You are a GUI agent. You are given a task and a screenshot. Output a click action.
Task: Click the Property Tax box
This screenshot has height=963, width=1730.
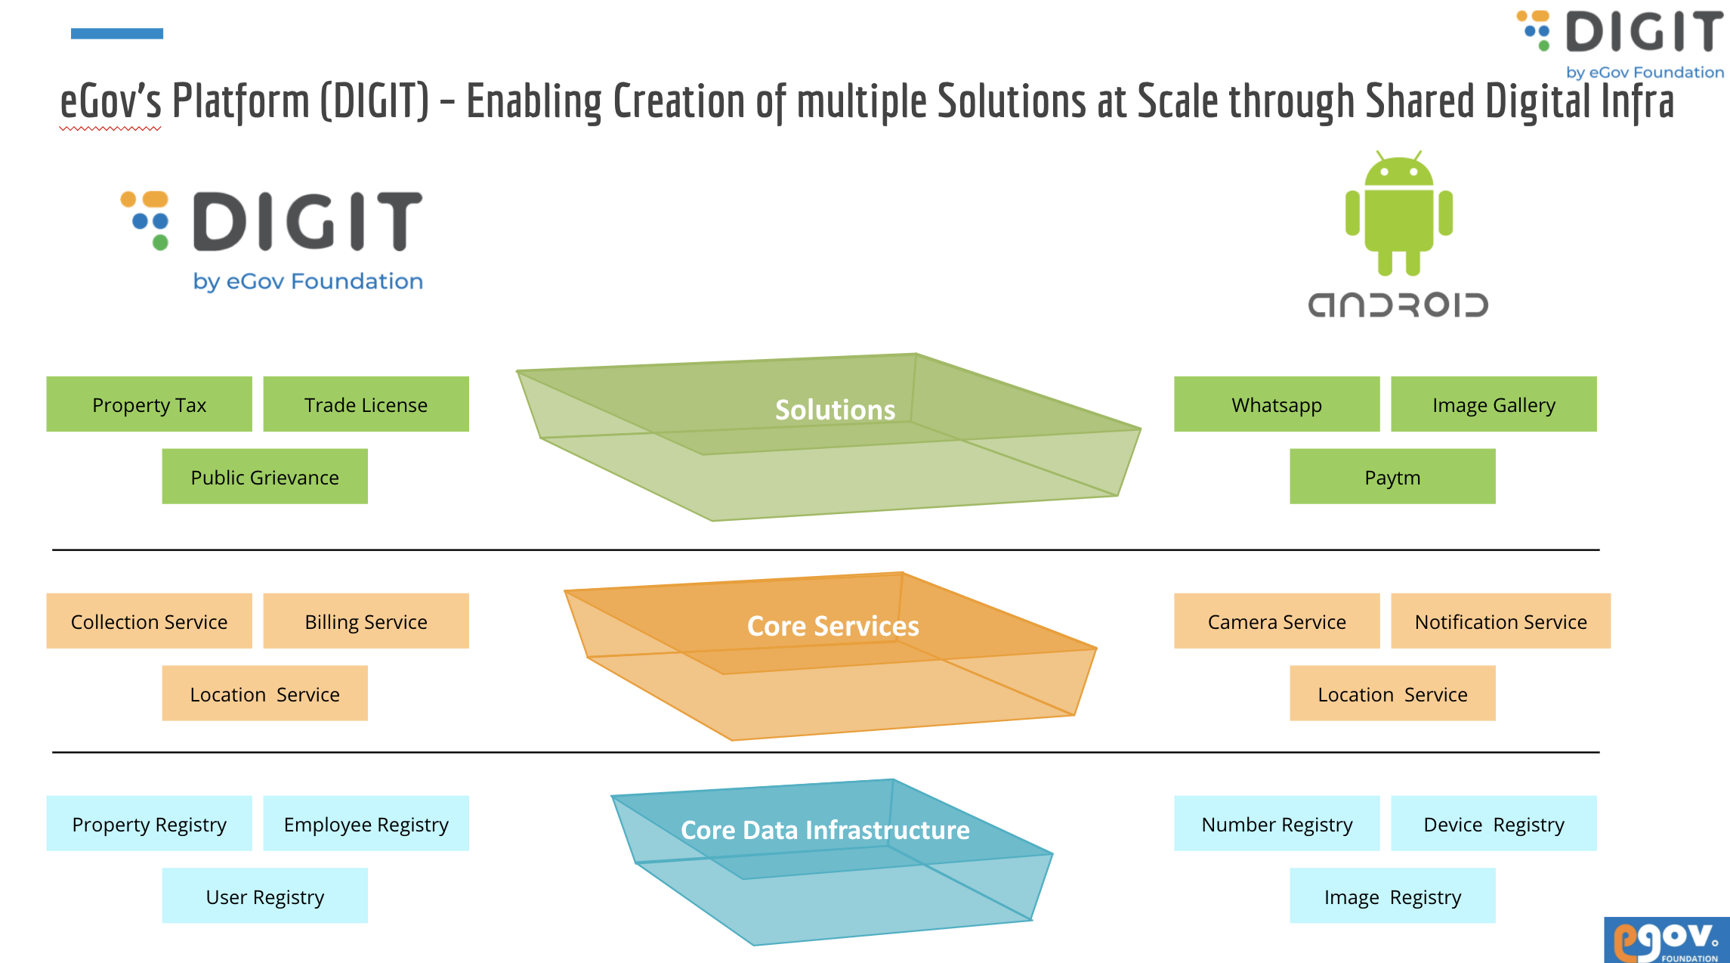[x=149, y=404]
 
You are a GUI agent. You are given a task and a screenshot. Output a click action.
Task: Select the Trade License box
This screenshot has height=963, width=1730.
[x=366, y=404]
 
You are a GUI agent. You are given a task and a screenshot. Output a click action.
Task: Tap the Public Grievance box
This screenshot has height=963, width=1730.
[x=264, y=477]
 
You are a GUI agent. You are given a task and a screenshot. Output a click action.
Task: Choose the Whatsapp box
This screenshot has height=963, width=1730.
[x=1277, y=404]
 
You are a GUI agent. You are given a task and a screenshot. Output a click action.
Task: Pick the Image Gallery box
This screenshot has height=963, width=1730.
[x=1494, y=404]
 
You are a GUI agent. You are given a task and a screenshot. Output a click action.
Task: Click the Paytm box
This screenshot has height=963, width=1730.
[x=1392, y=477]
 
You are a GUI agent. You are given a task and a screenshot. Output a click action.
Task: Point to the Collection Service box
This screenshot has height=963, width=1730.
[x=149, y=621]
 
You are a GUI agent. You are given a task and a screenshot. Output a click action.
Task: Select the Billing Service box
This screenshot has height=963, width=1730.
[x=366, y=621]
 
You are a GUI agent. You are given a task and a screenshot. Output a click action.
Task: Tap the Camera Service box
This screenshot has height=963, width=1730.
[x=1277, y=621]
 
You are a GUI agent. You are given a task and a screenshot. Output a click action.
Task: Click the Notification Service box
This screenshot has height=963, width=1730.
[x=1500, y=621]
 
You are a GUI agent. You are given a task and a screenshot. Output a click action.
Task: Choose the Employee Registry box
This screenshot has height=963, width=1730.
[x=366, y=824]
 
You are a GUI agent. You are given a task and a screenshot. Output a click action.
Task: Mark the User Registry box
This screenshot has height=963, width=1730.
[x=264, y=896]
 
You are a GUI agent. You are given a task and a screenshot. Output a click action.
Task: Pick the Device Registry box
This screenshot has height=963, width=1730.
[x=1494, y=824]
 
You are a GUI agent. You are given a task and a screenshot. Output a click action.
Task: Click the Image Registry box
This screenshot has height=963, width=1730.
[x=1392, y=896]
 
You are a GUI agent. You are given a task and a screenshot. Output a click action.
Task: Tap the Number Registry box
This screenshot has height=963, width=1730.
[x=1277, y=824]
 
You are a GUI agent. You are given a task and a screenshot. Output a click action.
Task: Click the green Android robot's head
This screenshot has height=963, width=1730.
[x=1399, y=171]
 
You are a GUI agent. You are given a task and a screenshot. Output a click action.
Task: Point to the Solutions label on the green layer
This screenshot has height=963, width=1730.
[x=835, y=410]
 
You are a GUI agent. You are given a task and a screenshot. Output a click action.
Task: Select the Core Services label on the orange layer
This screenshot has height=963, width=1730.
[x=833, y=626]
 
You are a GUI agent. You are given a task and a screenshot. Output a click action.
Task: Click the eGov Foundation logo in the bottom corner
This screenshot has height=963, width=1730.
[x=1667, y=940]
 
